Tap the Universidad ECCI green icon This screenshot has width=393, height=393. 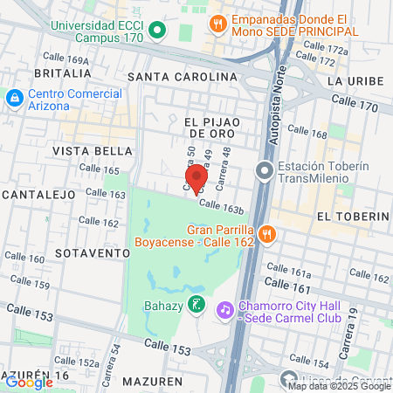click(x=157, y=31)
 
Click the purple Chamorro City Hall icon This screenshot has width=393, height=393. click(x=225, y=309)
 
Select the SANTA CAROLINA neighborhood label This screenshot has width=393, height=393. click(x=182, y=77)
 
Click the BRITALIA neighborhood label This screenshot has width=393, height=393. click(x=61, y=73)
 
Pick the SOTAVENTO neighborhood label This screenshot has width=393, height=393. click(x=93, y=252)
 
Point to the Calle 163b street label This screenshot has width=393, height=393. click(x=220, y=207)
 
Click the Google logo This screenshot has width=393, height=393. click(x=30, y=382)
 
